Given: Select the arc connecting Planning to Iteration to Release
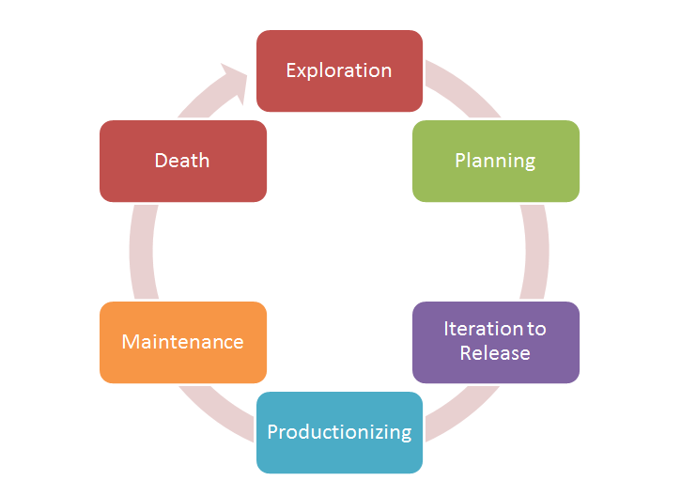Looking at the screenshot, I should tap(534, 252).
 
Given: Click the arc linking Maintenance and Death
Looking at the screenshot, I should tap(143, 252).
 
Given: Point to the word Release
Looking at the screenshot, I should tap(495, 353).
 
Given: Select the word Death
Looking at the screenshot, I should tap(182, 160).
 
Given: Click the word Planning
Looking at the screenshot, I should tap(495, 160).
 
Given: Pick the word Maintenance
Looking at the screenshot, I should tap(183, 342).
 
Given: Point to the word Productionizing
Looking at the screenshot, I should tap(339, 432).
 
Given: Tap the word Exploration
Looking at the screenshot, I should tap(339, 70).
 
